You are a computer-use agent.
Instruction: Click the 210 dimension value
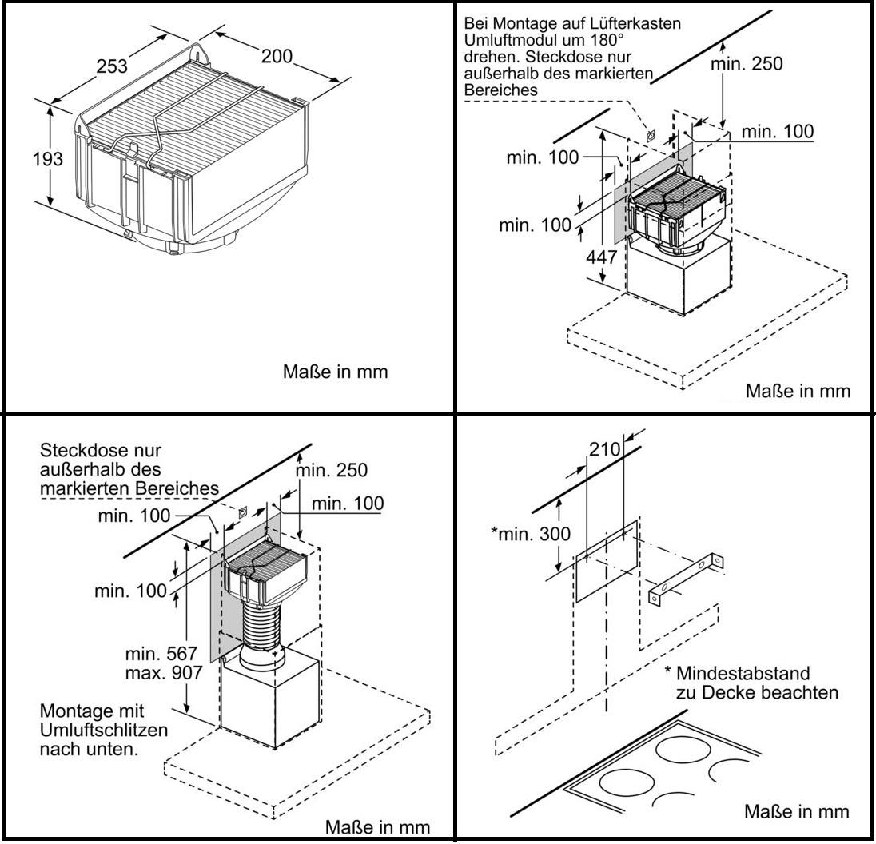(x=604, y=450)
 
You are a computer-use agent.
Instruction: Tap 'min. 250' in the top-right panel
(x=747, y=65)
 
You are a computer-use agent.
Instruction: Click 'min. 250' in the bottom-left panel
(x=332, y=470)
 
